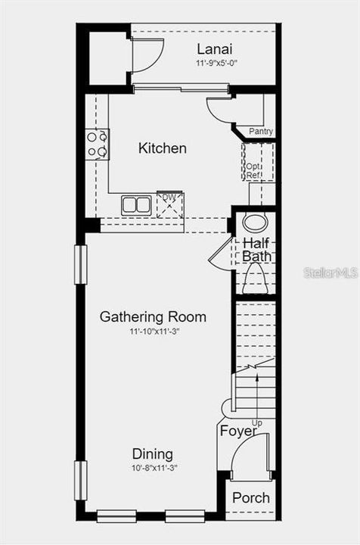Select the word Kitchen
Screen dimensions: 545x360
click(x=163, y=148)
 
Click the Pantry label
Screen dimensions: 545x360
click(x=261, y=132)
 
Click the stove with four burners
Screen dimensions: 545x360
click(x=98, y=144)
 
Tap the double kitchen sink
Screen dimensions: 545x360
click(x=136, y=204)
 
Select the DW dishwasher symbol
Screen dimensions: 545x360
click(x=169, y=203)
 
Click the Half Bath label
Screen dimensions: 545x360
click(x=256, y=250)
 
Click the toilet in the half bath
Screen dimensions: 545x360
click(x=255, y=280)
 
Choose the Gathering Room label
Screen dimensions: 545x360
click(x=153, y=316)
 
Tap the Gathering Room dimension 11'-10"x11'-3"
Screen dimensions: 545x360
click(x=153, y=331)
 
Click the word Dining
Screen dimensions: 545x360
click(x=153, y=454)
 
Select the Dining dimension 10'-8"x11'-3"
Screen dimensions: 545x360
click(x=153, y=468)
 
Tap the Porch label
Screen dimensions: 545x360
click(x=250, y=498)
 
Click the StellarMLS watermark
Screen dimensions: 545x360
click(x=331, y=272)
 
